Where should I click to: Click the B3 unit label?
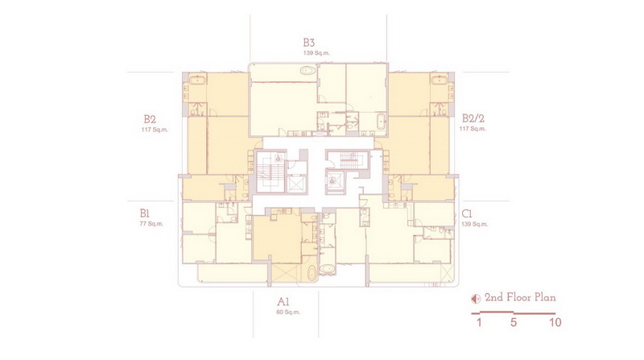pyautogui.click(x=309, y=43)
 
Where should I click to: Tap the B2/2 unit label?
pyautogui.click(x=473, y=118)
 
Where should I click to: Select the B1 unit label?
pyautogui.click(x=144, y=213)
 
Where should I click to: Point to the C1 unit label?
pyautogui.click(x=467, y=213)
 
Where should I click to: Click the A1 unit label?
pyautogui.click(x=283, y=302)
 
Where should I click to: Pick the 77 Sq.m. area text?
pyautogui.click(x=151, y=224)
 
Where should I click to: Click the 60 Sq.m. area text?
pyautogui.click(x=288, y=312)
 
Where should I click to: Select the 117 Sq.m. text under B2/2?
pyautogui.click(x=473, y=129)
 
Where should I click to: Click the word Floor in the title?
pyautogui.click(x=519, y=297)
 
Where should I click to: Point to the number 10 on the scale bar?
pyautogui.click(x=555, y=322)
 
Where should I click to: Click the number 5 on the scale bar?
pyautogui.click(x=514, y=322)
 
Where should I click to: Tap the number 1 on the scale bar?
pyautogui.click(x=479, y=322)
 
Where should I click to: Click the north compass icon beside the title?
pyautogui.click(x=476, y=299)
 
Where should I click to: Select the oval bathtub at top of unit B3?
pyautogui.click(x=308, y=70)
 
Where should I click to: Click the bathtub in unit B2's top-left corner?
pyautogui.click(x=197, y=79)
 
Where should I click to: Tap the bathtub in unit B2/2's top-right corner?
pyautogui.click(x=439, y=79)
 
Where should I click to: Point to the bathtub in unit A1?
pyautogui.click(x=312, y=273)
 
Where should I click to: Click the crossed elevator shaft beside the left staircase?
pyautogui.click(x=296, y=184)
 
